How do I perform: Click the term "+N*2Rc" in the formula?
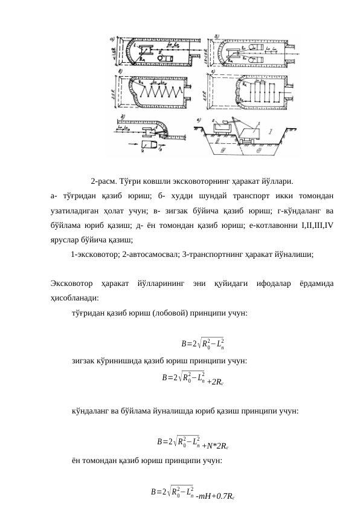[216, 446]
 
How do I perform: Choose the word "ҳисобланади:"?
[76, 297]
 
